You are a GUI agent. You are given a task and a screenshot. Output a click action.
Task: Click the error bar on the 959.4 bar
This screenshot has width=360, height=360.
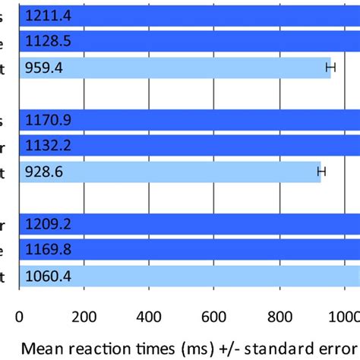point(330,68)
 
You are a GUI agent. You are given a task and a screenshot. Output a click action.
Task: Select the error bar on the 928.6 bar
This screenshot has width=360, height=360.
point(321,172)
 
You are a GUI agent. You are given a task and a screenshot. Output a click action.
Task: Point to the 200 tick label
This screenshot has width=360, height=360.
point(84,316)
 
